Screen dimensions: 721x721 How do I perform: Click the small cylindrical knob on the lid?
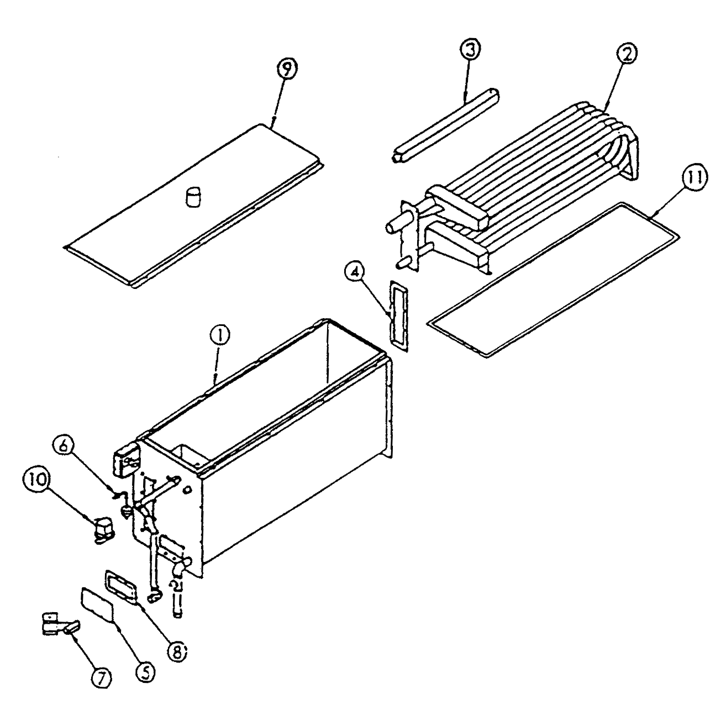pyautogui.click(x=194, y=197)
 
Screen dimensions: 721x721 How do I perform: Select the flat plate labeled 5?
pyautogui.click(x=97, y=604)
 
